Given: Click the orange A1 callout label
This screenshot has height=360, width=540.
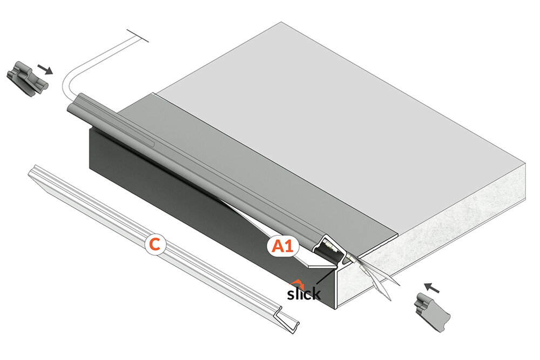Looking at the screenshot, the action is tap(282, 247).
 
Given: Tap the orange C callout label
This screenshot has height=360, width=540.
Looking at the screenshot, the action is tap(156, 244).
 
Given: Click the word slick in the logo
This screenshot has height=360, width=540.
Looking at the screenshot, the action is tap(303, 293).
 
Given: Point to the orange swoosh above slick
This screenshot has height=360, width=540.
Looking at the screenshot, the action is tap(297, 284).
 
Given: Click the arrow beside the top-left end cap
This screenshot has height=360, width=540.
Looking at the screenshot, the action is tap(45, 69).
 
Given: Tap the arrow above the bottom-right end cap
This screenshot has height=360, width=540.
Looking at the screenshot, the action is tap(431, 287).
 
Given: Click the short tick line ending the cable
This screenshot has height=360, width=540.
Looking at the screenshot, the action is tap(138, 36).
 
